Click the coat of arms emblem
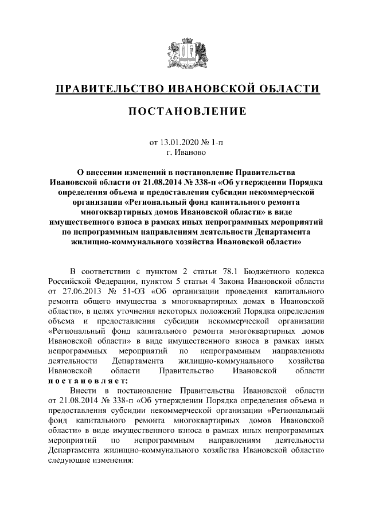point(183,55)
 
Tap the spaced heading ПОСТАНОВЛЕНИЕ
point(183,111)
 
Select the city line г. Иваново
point(183,153)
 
